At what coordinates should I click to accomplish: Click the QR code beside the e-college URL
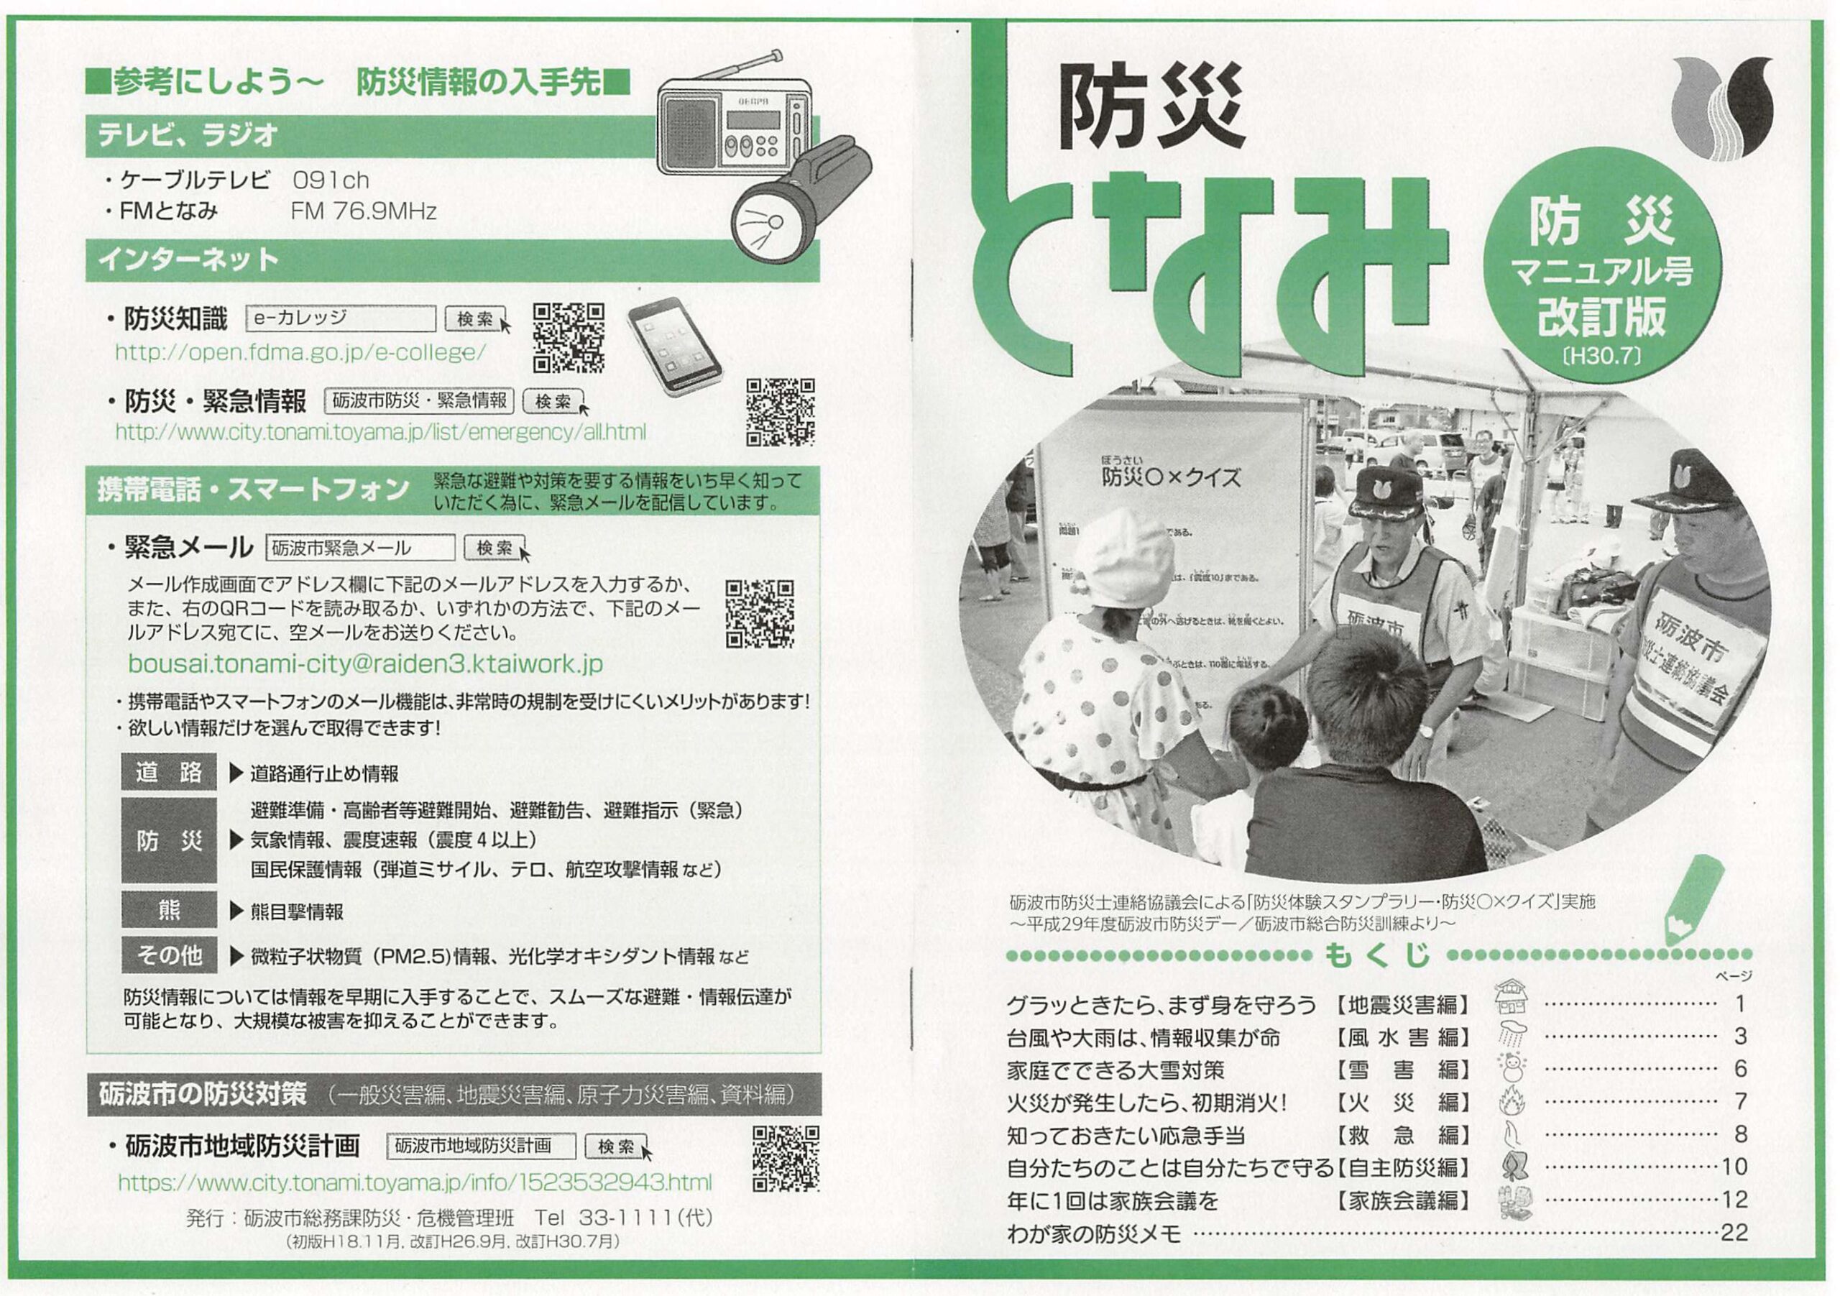(x=569, y=337)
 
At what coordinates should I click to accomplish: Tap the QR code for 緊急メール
(x=760, y=614)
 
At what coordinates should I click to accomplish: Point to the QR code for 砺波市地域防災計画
(x=786, y=1158)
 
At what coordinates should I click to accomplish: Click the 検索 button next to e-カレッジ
(x=476, y=319)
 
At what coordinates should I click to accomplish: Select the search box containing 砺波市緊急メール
(x=360, y=548)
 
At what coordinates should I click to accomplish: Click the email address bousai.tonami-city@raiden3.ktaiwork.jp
(x=365, y=664)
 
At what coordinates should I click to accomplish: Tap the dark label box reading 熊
(x=169, y=911)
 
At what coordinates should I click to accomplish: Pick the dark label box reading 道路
(x=169, y=773)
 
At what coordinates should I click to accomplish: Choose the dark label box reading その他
(x=169, y=955)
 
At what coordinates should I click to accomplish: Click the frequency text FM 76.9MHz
(x=363, y=211)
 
